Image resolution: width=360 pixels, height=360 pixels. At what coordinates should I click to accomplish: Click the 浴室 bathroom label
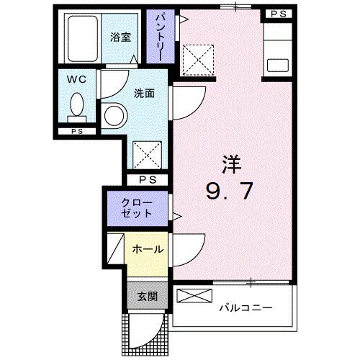pos(121,37)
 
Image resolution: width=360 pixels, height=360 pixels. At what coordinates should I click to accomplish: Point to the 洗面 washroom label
pos(144,93)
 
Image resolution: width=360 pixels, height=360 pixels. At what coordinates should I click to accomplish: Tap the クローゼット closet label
pos(136,207)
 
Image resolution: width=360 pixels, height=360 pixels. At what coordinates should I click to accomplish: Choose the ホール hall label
pos(148,250)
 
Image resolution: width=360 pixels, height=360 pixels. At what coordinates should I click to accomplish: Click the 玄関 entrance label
pos(149,295)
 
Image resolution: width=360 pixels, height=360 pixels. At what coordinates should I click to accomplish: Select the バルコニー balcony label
pos(246,308)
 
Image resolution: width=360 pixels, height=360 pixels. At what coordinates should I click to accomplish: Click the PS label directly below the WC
pos(76,132)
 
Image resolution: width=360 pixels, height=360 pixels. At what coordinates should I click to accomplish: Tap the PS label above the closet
pos(148,179)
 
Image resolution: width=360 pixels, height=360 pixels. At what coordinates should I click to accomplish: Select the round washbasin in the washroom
pos(113,116)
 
